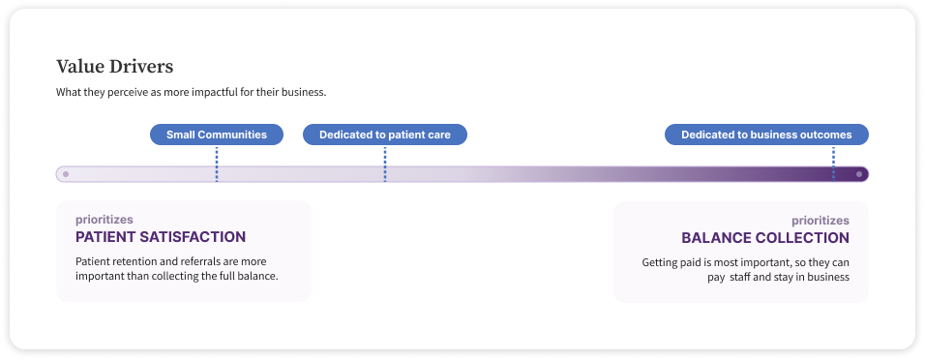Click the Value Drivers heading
point(114,67)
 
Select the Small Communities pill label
point(217,135)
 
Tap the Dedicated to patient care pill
point(385,135)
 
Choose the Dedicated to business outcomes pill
point(766,135)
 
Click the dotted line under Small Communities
point(217,165)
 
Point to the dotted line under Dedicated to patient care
point(385,165)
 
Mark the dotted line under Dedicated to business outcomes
point(833,165)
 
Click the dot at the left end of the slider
point(66,174)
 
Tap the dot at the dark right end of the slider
point(859,174)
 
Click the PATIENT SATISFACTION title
point(161,237)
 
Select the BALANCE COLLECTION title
point(765,238)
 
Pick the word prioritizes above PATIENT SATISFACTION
point(104,220)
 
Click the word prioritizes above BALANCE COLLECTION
point(821,221)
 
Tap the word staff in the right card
point(739,277)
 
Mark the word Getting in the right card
point(658,262)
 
